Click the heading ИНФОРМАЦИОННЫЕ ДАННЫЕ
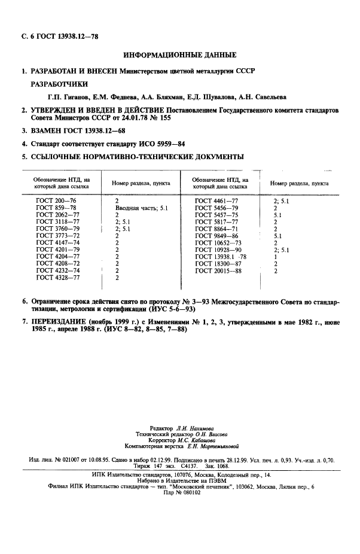pyautogui.click(x=179, y=55)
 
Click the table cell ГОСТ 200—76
pyautogui.click(x=56, y=200)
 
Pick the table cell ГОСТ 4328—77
pyautogui.click(x=57, y=278)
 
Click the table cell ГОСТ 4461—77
pyautogui.click(x=216, y=200)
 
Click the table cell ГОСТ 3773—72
pyautogui.click(x=57, y=236)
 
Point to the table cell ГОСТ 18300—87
pyautogui.click(x=218, y=264)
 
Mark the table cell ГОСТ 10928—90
pyautogui.click(x=218, y=250)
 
